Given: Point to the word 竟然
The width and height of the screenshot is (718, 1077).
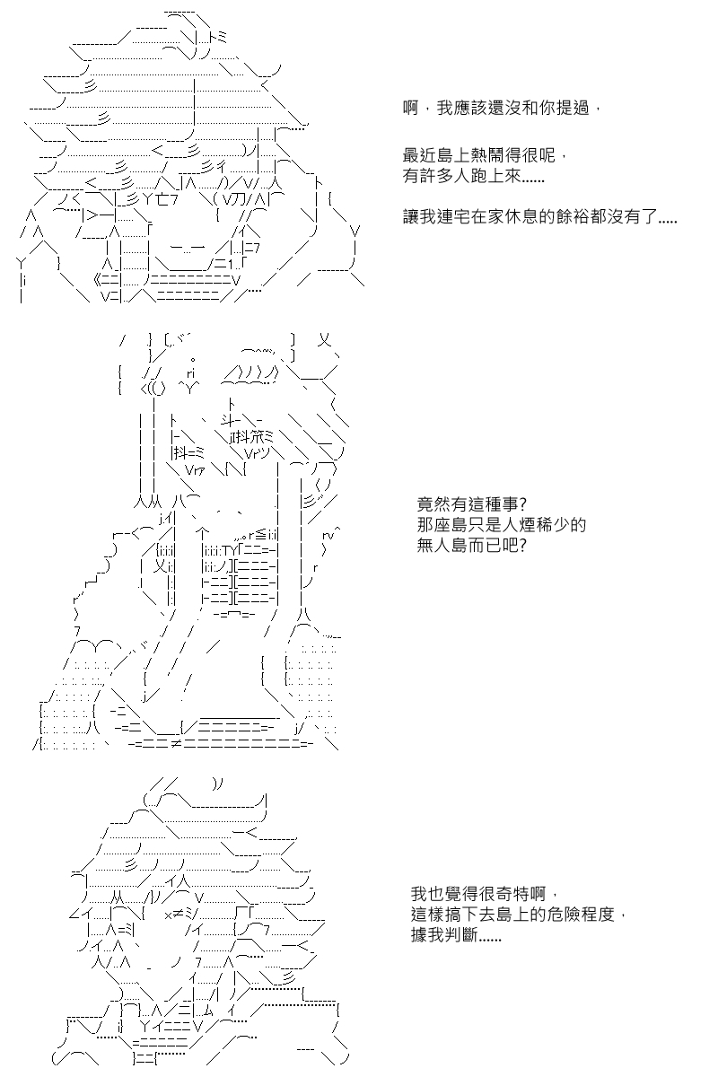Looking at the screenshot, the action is (433, 504).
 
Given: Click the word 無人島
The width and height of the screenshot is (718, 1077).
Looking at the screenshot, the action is (442, 546).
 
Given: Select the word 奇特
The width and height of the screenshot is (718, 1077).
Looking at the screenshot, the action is (513, 893).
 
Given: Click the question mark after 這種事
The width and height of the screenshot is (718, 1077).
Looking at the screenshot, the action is (523, 504).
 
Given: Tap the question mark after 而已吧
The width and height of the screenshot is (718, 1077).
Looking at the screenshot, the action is (523, 546).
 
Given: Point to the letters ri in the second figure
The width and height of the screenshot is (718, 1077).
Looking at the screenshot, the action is (190, 373).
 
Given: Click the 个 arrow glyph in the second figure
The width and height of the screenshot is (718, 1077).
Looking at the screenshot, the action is (203, 532).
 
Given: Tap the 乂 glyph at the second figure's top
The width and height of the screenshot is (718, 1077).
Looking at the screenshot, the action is (325, 340).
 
